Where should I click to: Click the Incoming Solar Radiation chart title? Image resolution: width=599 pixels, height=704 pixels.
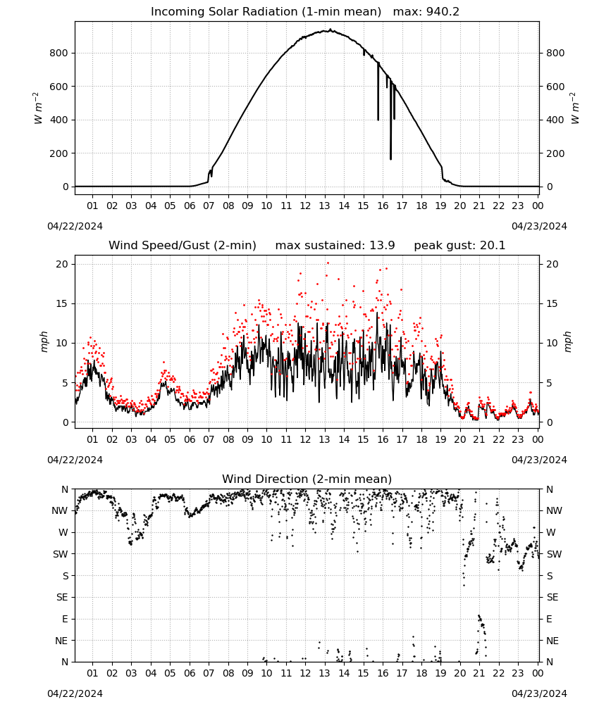(x=266, y=12)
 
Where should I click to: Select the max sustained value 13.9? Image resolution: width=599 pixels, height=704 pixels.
(x=382, y=246)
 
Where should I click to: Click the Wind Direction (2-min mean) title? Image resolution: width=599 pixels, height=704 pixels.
(x=307, y=479)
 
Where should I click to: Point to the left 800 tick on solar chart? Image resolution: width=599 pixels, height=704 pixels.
(x=59, y=53)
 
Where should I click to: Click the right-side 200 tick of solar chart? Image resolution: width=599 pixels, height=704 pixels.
(x=555, y=153)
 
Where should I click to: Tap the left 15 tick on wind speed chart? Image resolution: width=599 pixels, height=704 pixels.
(x=62, y=304)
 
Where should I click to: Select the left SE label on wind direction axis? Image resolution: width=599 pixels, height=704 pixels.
(x=62, y=597)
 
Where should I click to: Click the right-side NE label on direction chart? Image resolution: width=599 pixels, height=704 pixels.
(x=552, y=641)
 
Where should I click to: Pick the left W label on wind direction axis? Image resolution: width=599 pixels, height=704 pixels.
(x=63, y=532)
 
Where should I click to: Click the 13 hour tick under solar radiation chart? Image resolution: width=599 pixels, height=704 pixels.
(x=324, y=206)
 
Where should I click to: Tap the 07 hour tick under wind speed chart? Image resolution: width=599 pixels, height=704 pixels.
(x=209, y=439)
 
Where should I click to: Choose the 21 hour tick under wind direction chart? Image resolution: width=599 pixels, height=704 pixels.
(x=479, y=673)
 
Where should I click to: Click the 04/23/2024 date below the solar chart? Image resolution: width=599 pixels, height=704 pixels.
(x=539, y=226)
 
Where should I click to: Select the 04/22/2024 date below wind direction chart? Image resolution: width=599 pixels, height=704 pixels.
(x=75, y=693)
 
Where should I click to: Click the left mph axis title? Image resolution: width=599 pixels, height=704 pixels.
(x=44, y=342)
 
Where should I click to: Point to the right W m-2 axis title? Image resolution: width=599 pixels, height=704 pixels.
(x=575, y=108)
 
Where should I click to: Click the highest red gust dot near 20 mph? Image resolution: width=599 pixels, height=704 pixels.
(x=328, y=263)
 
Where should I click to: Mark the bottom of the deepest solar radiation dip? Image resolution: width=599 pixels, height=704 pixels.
(x=390, y=159)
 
